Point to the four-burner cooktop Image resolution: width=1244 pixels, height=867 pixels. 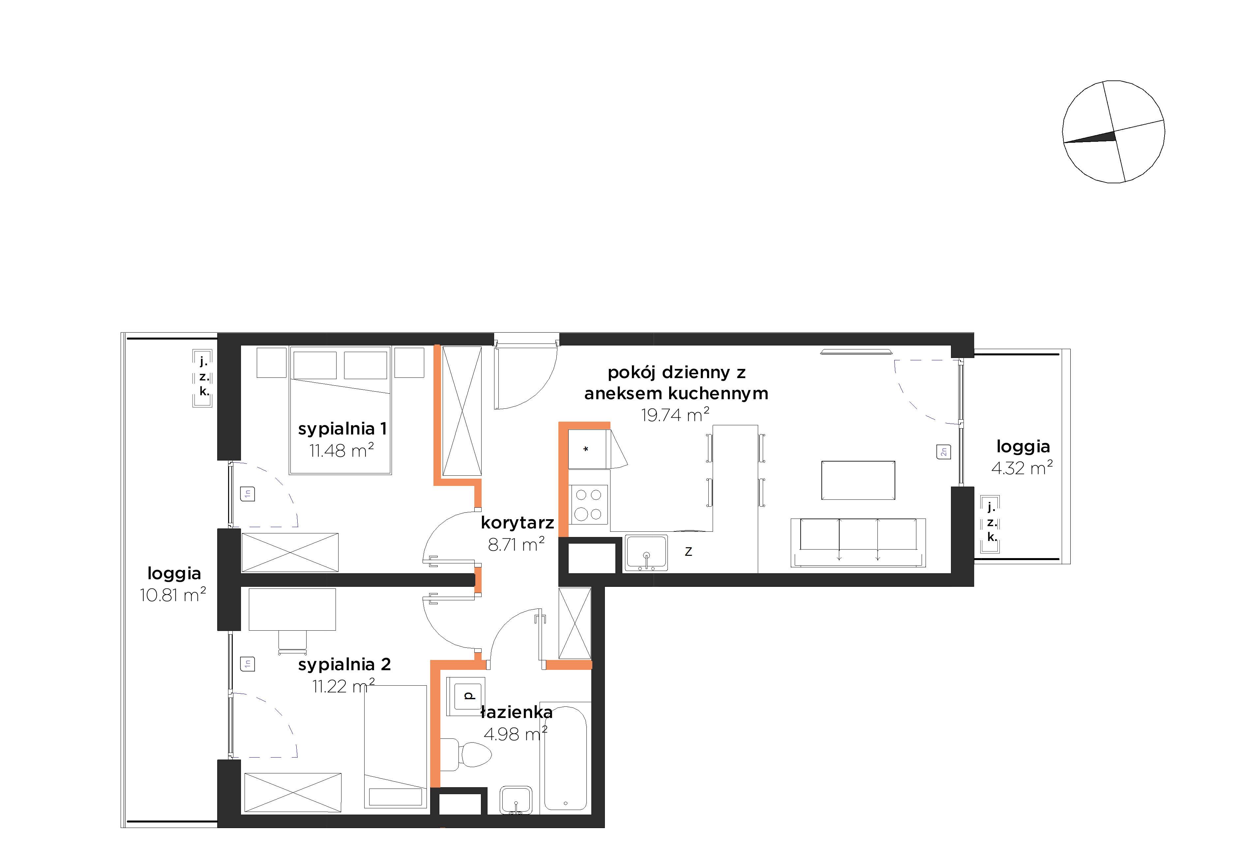tap(588, 504)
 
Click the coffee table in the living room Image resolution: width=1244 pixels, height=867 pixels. tap(858, 480)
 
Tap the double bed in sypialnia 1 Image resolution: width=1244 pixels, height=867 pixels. tap(340, 410)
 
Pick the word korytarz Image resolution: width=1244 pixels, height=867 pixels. tap(518, 523)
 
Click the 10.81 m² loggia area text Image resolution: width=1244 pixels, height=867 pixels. tap(173, 595)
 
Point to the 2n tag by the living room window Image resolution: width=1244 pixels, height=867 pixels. tap(943, 451)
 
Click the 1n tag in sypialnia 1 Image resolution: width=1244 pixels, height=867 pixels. tap(248, 493)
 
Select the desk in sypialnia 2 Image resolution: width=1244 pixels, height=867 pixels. tap(292, 610)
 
